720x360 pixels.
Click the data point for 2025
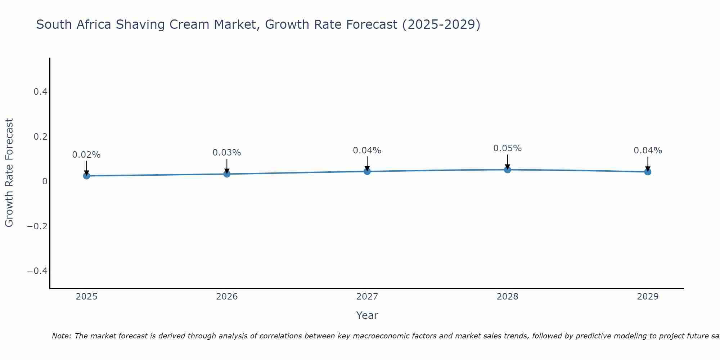point(86,176)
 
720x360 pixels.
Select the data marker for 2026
point(227,174)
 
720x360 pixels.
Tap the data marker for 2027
point(367,171)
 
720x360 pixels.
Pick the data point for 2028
point(507,170)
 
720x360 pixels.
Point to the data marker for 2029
point(648,172)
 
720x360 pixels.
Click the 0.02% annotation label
point(86,155)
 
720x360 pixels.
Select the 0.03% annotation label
point(227,153)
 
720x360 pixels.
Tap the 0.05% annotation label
point(507,148)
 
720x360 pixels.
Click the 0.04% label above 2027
point(367,150)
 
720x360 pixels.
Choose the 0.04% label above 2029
point(648,150)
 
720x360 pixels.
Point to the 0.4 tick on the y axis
point(40,92)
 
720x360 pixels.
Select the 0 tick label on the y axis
point(45,181)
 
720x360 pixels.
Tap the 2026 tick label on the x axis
point(227,297)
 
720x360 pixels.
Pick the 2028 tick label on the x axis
point(507,297)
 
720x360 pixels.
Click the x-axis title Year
point(367,315)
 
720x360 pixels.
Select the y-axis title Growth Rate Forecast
point(9,173)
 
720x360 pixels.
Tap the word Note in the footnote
point(61,336)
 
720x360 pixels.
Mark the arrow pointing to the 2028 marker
point(507,162)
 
